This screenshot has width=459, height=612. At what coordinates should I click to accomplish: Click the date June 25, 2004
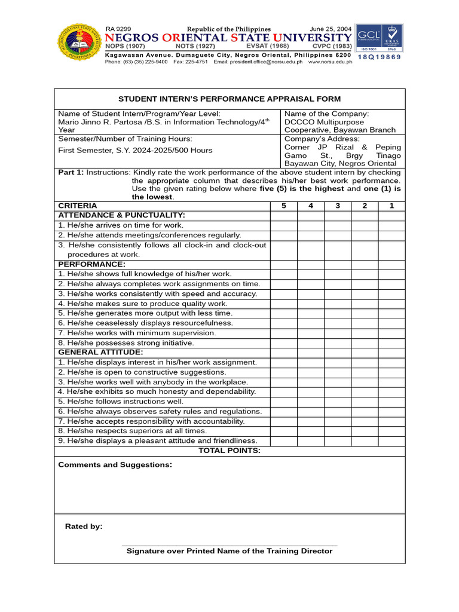331,29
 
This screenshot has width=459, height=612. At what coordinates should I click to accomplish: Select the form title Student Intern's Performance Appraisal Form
229,99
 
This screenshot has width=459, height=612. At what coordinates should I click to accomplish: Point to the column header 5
283,206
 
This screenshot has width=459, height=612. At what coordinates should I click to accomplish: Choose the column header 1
392,206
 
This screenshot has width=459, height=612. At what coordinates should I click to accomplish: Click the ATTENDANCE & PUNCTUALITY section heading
121,215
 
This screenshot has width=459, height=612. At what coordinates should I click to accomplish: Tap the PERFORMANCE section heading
91,264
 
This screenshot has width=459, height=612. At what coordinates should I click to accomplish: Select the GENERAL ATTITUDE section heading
100,353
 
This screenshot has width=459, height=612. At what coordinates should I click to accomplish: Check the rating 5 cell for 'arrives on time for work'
283,225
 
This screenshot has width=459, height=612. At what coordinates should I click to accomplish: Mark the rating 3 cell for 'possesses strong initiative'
338,343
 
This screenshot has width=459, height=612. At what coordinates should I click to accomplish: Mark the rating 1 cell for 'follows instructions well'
392,402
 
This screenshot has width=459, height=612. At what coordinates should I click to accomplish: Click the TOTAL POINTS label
229,451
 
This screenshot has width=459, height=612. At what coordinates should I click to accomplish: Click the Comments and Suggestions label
115,464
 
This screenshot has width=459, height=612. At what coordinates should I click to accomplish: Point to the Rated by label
84,527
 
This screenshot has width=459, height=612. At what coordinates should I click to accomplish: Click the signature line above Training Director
229,545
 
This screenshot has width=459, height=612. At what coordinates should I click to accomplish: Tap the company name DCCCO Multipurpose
324,122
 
